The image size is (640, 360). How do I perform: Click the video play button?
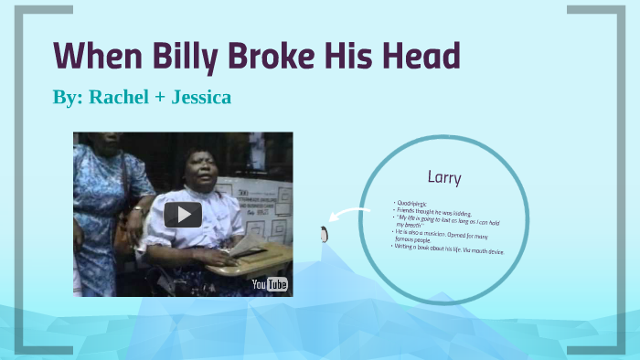click(x=183, y=215)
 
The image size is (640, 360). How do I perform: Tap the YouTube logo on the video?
click(x=270, y=284)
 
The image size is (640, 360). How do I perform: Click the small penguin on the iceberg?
click(x=323, y=234)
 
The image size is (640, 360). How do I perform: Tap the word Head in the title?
click(x=420, y=57)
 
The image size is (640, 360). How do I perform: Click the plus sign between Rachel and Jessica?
click(x=159, y=98)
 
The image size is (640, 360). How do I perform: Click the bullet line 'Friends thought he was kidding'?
click(x=434, y=211)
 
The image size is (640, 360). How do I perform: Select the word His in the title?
click(x=353, y=57)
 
